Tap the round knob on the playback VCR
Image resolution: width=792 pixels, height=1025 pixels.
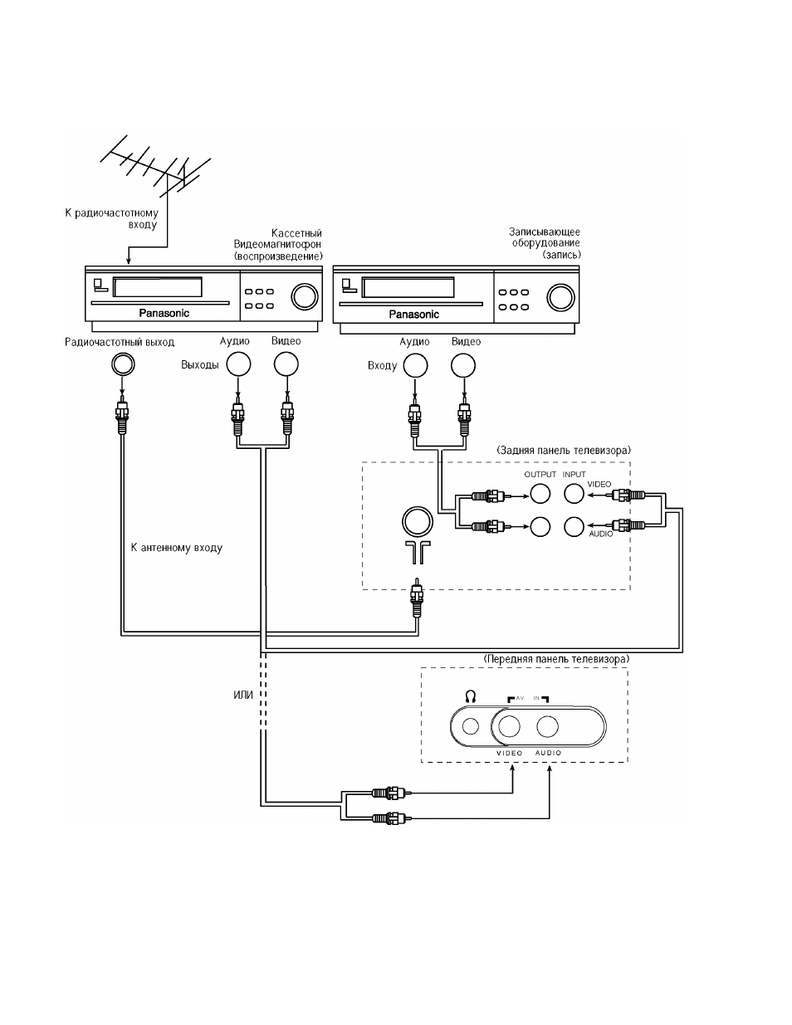[x=305, y=296]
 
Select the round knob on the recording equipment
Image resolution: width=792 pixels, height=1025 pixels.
[x=560, y=298]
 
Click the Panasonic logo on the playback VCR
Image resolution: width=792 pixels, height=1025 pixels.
[x=164, y=313]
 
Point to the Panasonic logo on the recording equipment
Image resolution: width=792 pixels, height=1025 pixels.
[x=413, y=315]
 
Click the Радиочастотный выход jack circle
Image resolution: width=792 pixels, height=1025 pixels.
[x=123, y=364]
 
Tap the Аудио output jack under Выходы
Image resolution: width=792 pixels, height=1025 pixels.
[x=238, y=364]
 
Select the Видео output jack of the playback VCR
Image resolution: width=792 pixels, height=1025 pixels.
[x=286, y=364]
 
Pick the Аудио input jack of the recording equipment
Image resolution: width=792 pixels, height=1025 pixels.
[x=416, y=365]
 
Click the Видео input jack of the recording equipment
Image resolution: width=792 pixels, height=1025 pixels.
[x=463, y=365]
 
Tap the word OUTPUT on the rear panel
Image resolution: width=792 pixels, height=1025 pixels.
[x=540, y=475]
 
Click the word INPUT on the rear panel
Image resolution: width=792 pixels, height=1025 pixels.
[x=574, y=475]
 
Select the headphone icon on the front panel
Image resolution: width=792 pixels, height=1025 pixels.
[x=470, y=696]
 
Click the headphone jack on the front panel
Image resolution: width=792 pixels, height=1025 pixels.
[x=470, y=726]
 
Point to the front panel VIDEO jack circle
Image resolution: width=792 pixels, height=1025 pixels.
[x=510, y=726]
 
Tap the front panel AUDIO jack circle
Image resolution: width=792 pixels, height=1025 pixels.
[x=548, y=726]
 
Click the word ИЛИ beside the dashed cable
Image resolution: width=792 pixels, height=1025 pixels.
[x=243, y=696]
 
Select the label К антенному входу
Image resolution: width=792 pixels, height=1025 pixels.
[x=177, y=548]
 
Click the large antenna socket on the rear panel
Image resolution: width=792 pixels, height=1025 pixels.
[x=418, y=522]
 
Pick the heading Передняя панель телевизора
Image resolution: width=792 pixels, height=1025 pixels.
[x=556, y=659]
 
